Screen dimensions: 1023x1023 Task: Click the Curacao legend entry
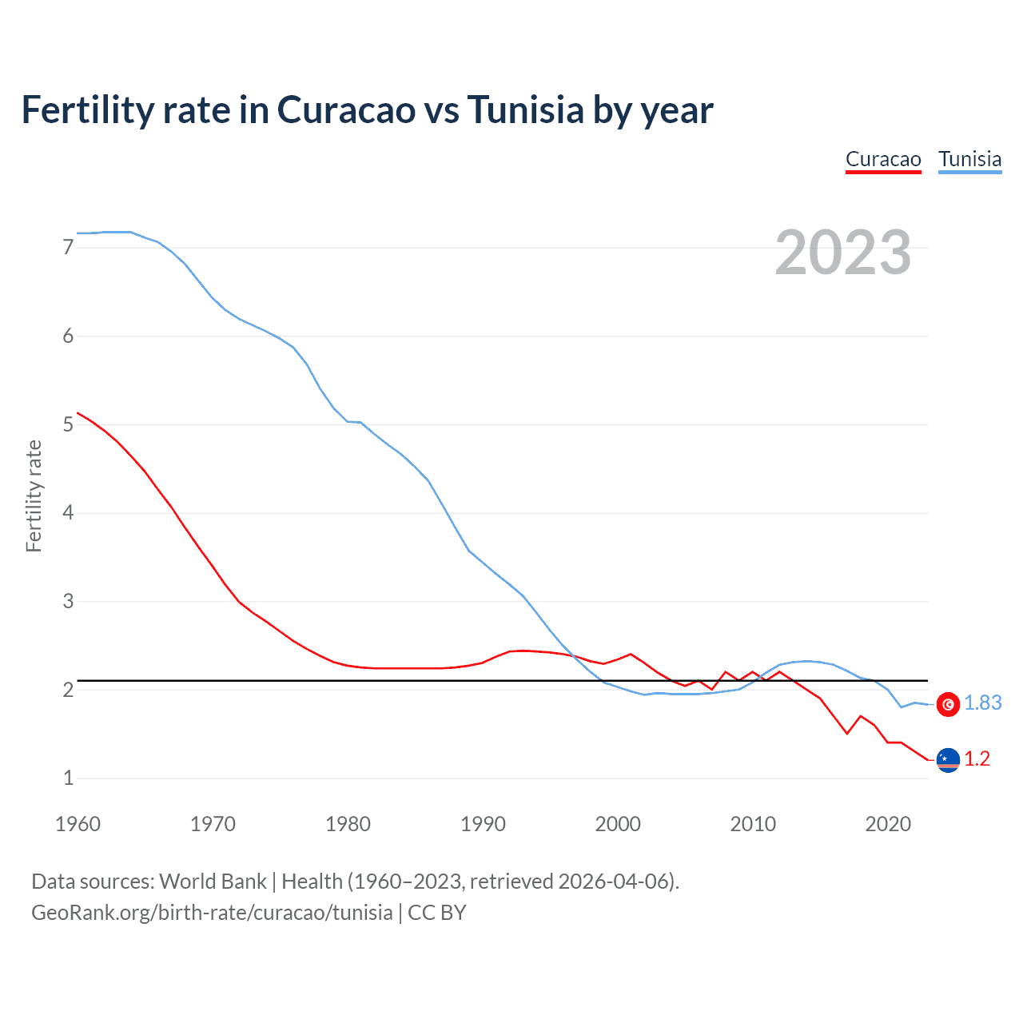(883, 160)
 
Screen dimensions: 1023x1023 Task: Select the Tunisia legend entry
(969, 160)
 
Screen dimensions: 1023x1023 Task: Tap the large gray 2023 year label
(842, 253)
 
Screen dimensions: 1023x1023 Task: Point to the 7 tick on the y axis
(68, 248)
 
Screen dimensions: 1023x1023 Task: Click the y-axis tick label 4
(68, 512)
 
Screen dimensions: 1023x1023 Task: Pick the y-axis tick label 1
(68, 778)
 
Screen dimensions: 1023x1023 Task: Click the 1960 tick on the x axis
(78, 824)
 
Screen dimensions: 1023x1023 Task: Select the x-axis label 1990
(483, 824)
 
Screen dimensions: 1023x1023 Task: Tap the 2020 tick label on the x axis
(888, 824)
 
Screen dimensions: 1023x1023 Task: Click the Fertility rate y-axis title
(34, 496)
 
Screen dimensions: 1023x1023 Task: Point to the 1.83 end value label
(982, 703)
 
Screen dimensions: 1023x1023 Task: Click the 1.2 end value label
(977, 759)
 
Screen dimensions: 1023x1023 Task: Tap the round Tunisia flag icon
(948, 704)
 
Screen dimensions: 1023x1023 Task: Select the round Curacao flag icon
(948, 760)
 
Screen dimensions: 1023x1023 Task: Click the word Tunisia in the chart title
(526, 110)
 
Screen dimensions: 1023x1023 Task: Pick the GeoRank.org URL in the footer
(212, 913)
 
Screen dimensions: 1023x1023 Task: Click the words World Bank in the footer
(213, 882)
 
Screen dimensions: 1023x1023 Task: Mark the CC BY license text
(437, 913)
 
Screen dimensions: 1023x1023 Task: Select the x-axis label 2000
(618, 824)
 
